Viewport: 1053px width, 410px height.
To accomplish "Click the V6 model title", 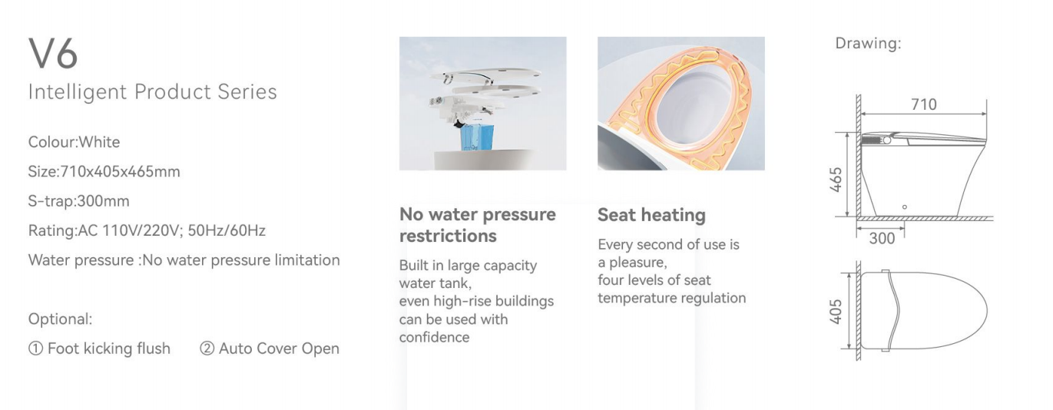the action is pyautogui.click(x=53, y=54).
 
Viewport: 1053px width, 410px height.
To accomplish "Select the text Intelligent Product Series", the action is pyautogui.click(x=152, y=92).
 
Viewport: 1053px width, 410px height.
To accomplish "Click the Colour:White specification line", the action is pyautogui.click(x=74, y=142).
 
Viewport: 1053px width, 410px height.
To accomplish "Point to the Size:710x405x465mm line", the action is pyautogui.click(x=104, y=172).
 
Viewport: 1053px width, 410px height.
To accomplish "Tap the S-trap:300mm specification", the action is pyautogui.click(x=78, y=201).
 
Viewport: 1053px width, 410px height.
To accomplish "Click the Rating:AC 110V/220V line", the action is pyautogui.click(x=147, y=230).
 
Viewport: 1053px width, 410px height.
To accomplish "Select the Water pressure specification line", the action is pyautogui.click(x=184, y=260).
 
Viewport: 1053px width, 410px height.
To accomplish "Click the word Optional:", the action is pyautogui.click(x=60, y=319).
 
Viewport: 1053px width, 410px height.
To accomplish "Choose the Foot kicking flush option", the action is pyautogui.click(x=99, y=349).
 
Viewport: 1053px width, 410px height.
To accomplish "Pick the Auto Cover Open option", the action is pyautogui.click(x=270, y=349).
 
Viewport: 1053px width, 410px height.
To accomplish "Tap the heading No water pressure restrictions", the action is pyautogui.click(x=478, y=225).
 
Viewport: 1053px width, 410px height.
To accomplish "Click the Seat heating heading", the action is pyautogui.click(x=651, y=215).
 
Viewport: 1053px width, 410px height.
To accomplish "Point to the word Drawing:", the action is pyautogui.click(x=868, y=43).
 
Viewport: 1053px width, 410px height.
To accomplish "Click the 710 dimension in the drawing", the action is pyautogui.click(x=924, y=104).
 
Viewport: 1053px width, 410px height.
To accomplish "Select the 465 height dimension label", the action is pyautogui.click(x=836, y=180).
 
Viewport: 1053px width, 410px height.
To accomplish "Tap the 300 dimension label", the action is pyautogui.click(x=882, y=238).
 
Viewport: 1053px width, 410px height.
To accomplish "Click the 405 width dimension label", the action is pyautogui.click(x=836, y=311).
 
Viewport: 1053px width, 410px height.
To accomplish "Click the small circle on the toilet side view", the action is pyautogui.click(x=905, y=207).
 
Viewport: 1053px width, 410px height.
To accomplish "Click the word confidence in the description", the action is pyautogui.click(x=435, y=337).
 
